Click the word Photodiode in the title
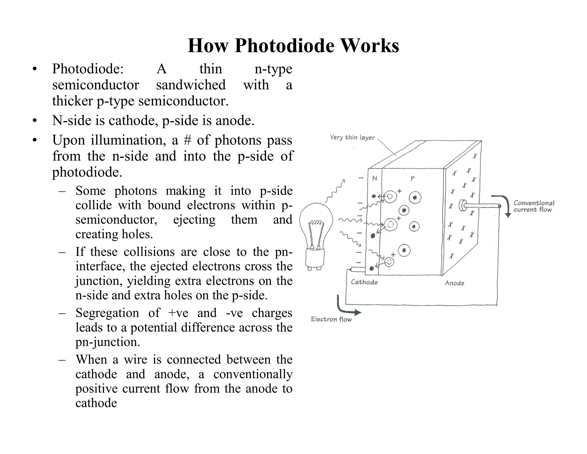(285, 46)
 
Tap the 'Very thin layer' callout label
(352, 137)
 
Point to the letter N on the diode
(374, 179)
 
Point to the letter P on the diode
(412, 179)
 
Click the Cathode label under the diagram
(364, 282)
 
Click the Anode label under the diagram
(454, 283)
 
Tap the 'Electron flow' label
(331, 319)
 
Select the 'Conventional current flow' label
(534, 206)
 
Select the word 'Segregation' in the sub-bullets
(107, 313)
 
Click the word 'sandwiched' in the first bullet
(191, 85)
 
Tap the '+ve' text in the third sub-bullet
(178, 313)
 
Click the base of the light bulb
(315, 260)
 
